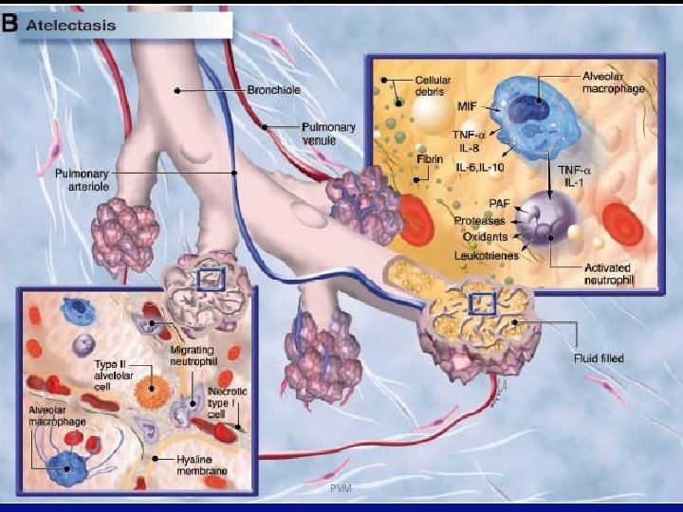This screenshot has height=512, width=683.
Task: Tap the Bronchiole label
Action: tap(274, 91)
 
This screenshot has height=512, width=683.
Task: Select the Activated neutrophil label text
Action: tap(607, 275)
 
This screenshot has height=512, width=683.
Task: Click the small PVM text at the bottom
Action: tap(341, 488)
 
